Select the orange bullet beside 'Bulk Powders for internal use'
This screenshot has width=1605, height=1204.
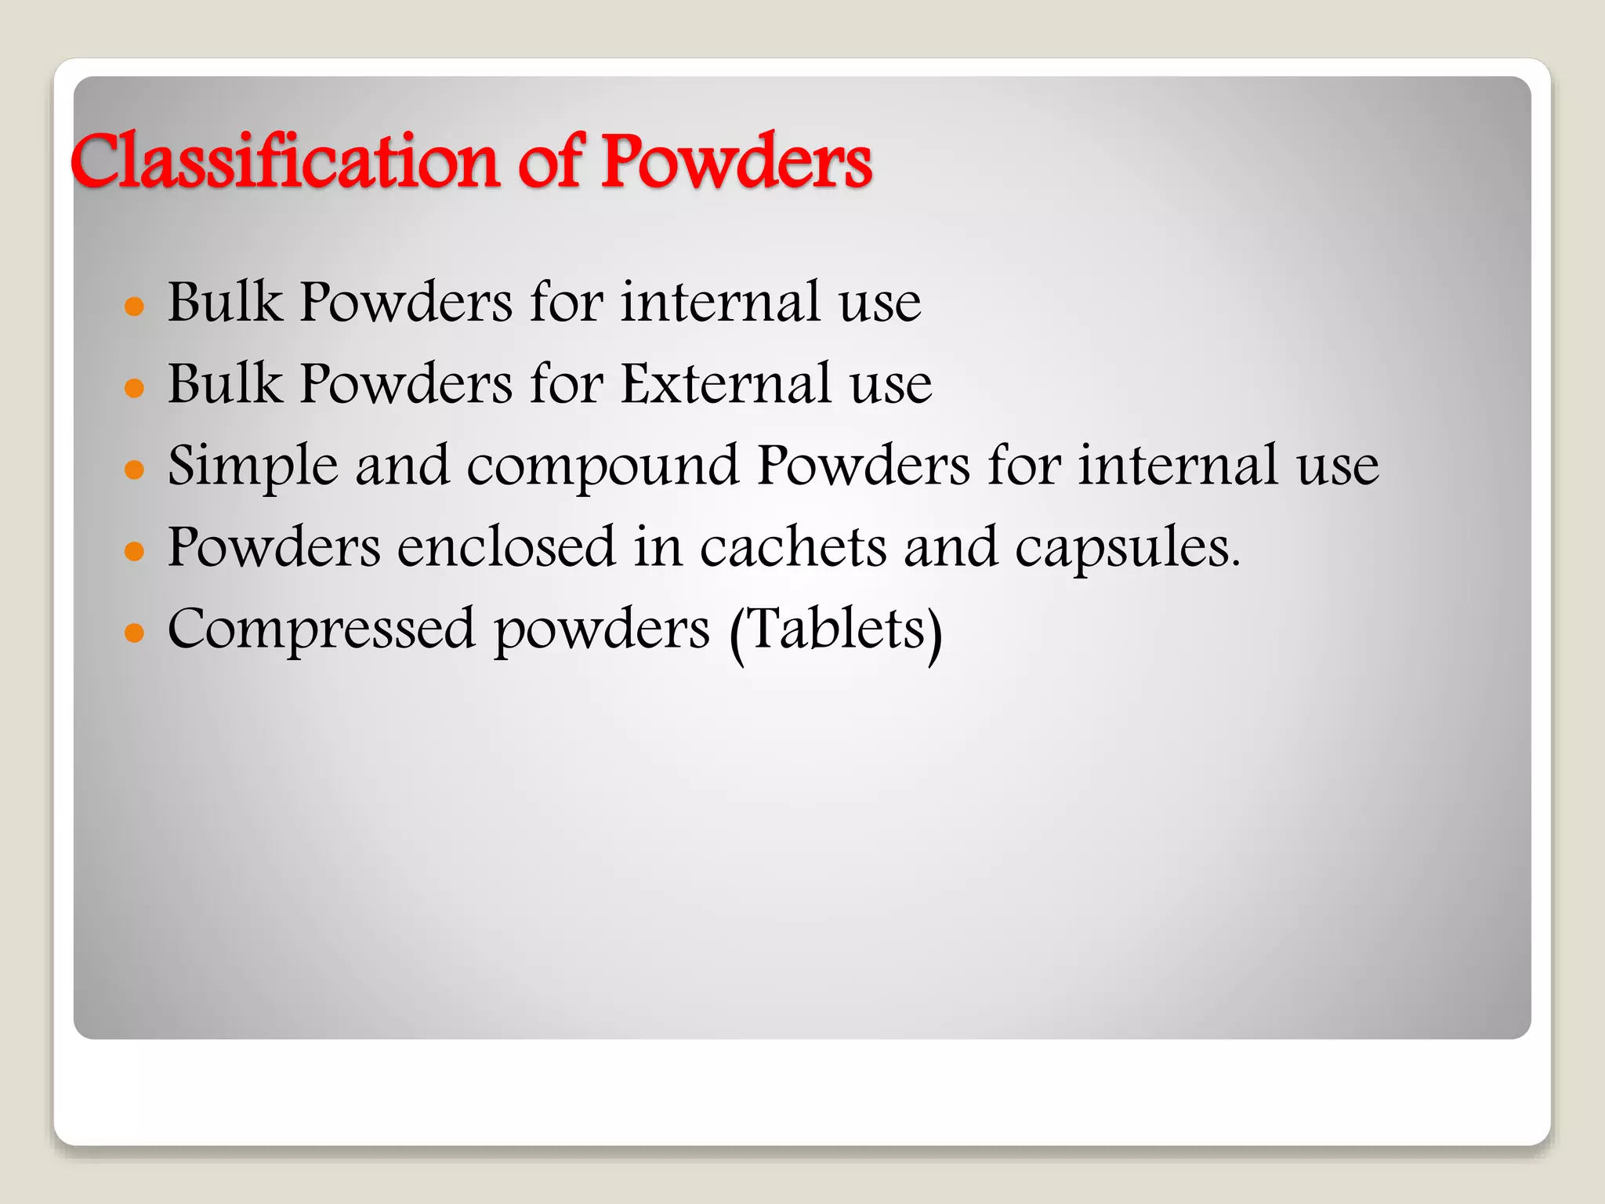click(135, 306)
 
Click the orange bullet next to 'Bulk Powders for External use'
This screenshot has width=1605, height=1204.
click(135, 387)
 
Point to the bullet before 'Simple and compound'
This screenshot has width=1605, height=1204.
click(135, 469)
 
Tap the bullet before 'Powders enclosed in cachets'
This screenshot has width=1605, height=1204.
click(135, 550)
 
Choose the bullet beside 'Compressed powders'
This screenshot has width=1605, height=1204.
click(135, 632)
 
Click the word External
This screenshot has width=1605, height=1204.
click(726, 384)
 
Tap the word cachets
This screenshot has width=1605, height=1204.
click(792, 547)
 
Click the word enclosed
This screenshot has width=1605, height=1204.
click(506, 547)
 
